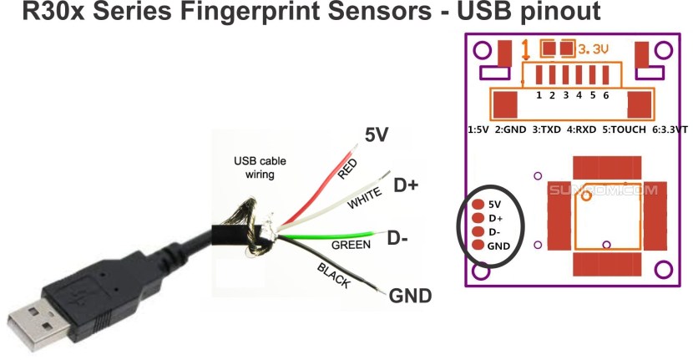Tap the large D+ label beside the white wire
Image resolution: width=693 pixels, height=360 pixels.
[406, 185]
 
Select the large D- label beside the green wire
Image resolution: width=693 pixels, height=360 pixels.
[397, 238]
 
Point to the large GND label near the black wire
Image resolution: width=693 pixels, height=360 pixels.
[410, 296]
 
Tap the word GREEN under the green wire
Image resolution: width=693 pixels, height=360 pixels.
[352, 246]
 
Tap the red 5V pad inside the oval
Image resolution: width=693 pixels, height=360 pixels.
[478, 204]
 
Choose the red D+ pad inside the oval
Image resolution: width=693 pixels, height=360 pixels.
[478, 217]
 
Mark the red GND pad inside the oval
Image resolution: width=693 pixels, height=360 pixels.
[478, 245]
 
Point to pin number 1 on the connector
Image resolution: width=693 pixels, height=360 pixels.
[539, 95]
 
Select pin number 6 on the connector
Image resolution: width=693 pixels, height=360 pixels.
[605, 95]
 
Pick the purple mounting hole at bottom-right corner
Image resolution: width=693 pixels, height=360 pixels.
[664, 270]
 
